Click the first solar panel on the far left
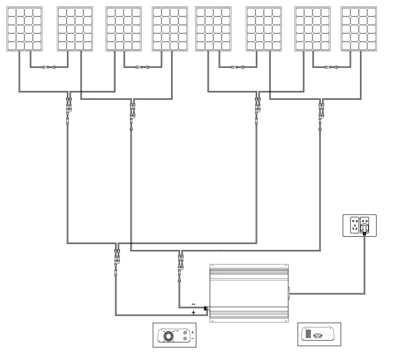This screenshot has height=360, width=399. (x=24, y=29)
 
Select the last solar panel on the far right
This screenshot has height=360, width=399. (x=359, y=29)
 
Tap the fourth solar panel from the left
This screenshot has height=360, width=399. (x=170, y=29)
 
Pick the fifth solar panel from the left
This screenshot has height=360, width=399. (x=214, y=29)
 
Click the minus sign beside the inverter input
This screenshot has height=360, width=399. (x=194, y=304)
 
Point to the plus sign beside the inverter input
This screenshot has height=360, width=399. (x=194, y=312)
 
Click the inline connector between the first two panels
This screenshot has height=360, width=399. (x=49, y=67)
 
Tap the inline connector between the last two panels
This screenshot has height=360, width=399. (x=331, y=67)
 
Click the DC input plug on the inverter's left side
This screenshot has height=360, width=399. (x=206, y=308)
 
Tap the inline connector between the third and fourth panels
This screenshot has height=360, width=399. (x=143, y=67)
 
